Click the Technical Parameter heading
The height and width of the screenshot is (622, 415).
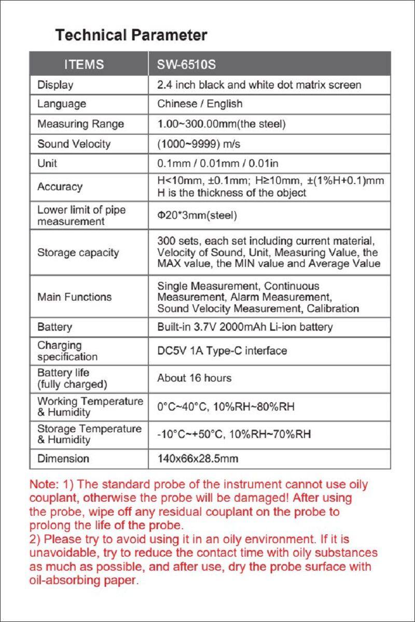pos(131,35)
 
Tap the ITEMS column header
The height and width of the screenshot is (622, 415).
pos(84,65)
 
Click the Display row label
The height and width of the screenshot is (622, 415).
pos(56,84)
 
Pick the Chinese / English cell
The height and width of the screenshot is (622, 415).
pos(200,104)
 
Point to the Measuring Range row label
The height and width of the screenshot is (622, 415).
pos(80,124)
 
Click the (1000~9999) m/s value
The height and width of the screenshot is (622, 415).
pos(199,144)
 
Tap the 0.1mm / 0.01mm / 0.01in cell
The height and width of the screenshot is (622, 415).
pos(218,163)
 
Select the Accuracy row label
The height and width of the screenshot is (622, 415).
pos(60,187)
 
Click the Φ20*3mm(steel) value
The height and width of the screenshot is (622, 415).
pos(197,215)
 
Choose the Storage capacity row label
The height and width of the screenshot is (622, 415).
pos(78,252)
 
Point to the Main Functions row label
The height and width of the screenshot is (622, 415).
pos(74,296)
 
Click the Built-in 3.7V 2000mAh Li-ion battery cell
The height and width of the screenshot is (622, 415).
pos(245,327)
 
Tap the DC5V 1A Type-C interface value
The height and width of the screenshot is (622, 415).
pos(222,351)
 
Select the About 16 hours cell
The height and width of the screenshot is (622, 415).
pos(194,378)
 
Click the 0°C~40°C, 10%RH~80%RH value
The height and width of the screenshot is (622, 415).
pos(226,407)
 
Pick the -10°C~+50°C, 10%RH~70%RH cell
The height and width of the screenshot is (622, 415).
pos(234,434)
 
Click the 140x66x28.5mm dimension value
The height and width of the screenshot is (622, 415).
pos(198,459)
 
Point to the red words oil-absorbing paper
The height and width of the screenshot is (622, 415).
pos(83,579)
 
